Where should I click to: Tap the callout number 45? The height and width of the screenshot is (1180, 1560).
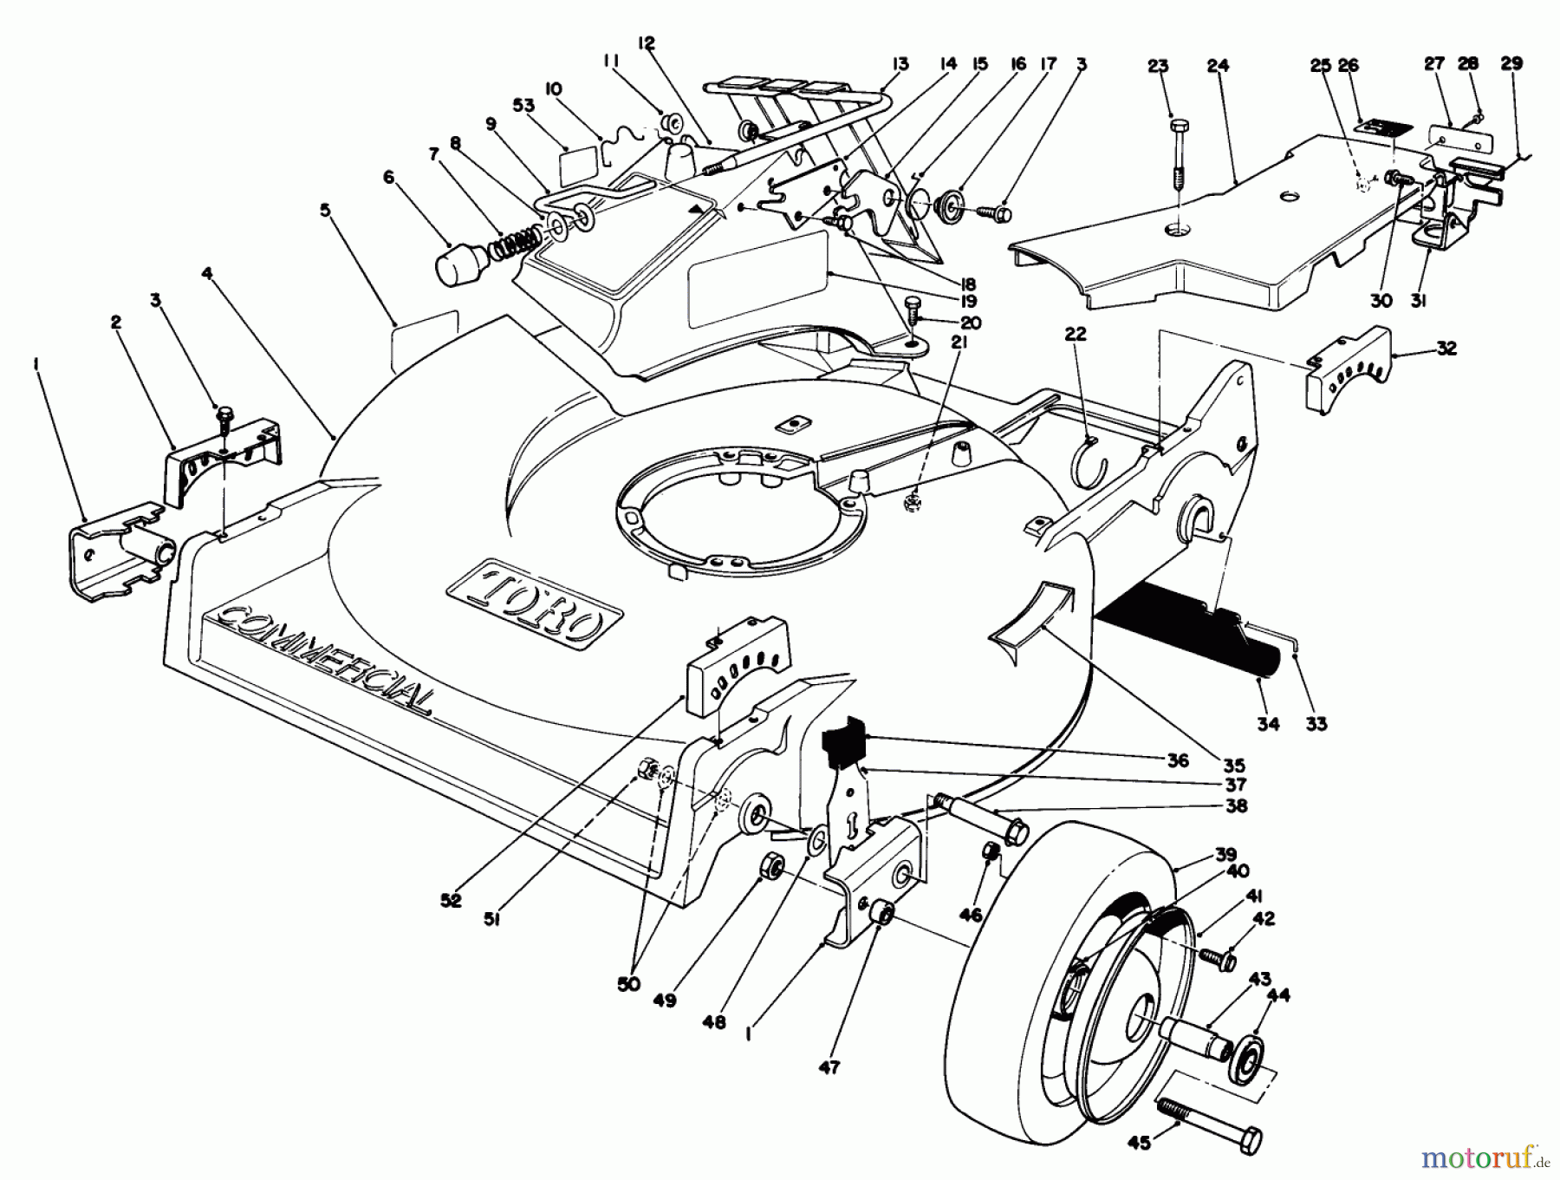pos(1140,1144)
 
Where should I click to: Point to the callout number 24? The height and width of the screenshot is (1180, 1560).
pos(1217,66)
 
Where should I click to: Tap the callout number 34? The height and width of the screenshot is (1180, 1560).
pos(1267,723)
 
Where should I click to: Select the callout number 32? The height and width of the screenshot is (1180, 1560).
pos(1446,349)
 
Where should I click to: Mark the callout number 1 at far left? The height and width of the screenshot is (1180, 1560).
pos(36,366)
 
